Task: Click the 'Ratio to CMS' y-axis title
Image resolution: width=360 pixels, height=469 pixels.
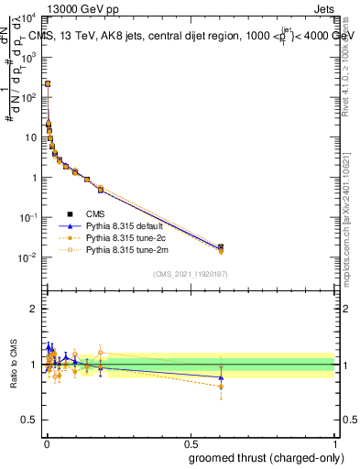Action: [x=14, y=364]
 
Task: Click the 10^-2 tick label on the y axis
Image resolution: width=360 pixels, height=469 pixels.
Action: [x=29, y=258]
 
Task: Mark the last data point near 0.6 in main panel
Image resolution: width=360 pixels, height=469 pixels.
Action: [x=221, y=247]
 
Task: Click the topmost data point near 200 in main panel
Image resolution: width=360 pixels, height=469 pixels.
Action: [x=47, y=83]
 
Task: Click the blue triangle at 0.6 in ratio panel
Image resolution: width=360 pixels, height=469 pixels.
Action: [x=221, y=377]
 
